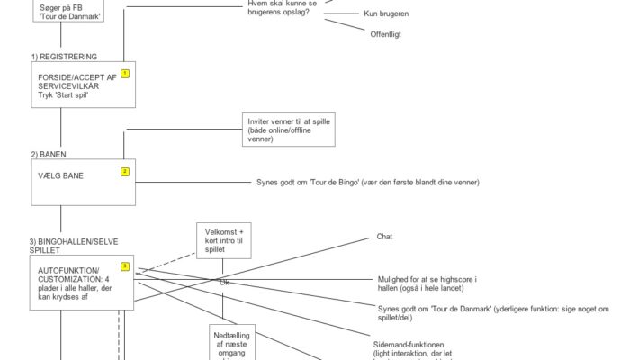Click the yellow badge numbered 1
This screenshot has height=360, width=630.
click(125, 74)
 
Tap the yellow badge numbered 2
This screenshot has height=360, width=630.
click(125, 171)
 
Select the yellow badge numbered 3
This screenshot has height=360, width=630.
click(125, 265)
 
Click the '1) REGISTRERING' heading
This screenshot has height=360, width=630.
click(63, 57)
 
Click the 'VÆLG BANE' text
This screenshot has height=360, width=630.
click(61, 176)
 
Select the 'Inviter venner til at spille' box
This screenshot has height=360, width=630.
click(288, 130)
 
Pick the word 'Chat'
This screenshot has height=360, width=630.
click(383, 238)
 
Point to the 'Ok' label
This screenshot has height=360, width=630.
click(225, 283)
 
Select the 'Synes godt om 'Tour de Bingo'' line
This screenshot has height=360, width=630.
click(367, 183)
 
